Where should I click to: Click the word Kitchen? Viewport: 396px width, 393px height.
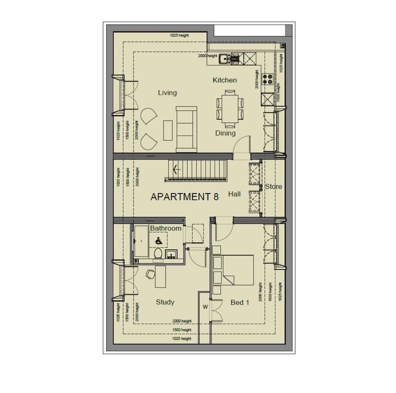pos(225,80)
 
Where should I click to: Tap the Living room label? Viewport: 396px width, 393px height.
pos(167,93)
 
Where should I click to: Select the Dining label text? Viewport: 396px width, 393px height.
pos(225,133)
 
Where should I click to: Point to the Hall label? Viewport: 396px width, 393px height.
pos(235,194)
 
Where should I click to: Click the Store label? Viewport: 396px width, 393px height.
pos(273,187)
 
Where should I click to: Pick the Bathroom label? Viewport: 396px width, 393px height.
pos(166,228)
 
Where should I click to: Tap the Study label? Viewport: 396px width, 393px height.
pos(165,302)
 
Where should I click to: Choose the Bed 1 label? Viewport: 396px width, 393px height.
pos(240,302)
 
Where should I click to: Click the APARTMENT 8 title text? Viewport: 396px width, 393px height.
pos(184,196)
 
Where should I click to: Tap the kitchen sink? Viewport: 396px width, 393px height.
pos(225,58)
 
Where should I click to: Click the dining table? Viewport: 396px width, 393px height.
pos(229,108)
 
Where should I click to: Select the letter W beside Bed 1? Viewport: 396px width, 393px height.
pos(205,308)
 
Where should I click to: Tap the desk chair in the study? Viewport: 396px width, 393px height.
pos(149,274)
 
